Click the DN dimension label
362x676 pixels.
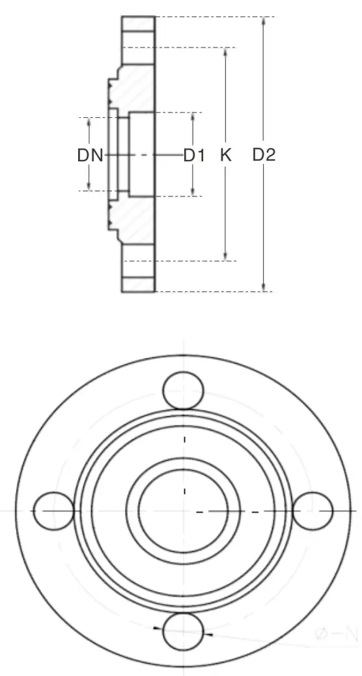tap(90, 155)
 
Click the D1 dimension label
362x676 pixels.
tap(194, 155)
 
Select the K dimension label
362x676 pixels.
tap(225, 155)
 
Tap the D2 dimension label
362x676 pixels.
tap(264, 155)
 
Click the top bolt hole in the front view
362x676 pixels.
tap(183, 389)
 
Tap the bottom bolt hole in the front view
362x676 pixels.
tap(183, 631)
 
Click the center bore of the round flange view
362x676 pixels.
tap(184, 511)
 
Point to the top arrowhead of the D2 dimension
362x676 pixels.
tap(264, 21)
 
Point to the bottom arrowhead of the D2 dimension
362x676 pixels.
tap(264, 288)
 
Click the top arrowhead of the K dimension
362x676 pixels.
tap(225, 51)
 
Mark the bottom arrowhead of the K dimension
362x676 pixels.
tap(225, 256)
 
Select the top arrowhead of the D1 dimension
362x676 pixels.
tap(194, 116)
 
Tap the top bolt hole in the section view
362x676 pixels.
tap(138, 31)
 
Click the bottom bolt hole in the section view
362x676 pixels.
tap(138, 277)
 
